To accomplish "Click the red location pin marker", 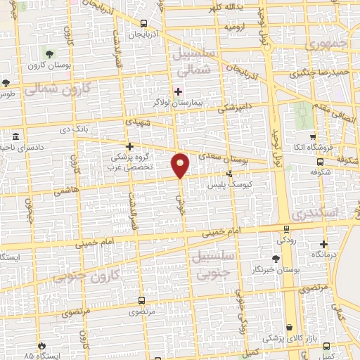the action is [181, 165].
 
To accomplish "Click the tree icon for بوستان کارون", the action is [49, 53].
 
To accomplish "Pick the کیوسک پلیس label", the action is [228, 185].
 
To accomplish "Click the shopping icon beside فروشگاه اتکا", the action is [312, 137].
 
